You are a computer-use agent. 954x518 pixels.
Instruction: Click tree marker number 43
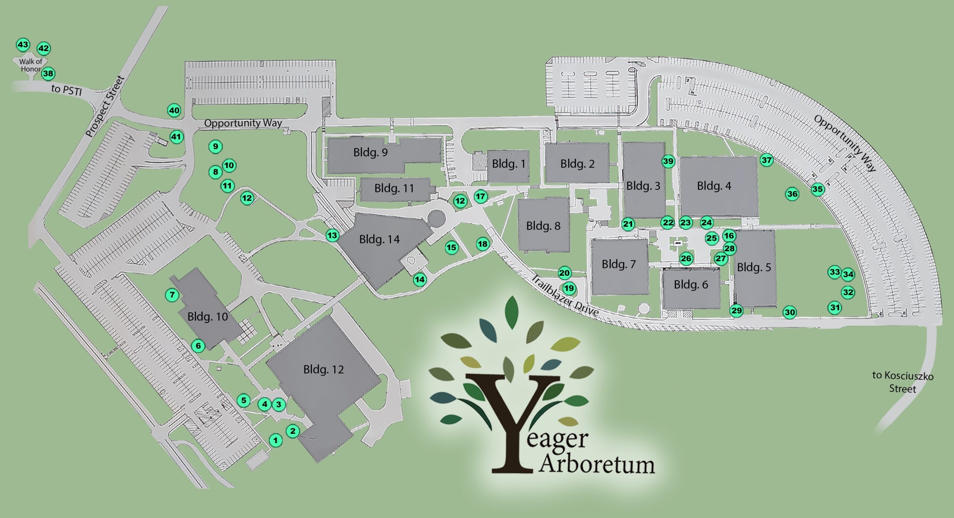pos(23,45)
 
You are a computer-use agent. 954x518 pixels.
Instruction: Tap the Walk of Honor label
pos(31,65)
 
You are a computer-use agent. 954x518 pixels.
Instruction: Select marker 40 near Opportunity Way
pos(174,110)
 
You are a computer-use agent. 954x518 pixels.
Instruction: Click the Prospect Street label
pos(105,106)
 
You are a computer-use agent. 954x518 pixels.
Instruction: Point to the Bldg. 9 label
pos(370,152)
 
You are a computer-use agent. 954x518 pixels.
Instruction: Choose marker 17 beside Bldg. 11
pos(480,196)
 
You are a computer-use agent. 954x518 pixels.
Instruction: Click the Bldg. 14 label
pos(379,239)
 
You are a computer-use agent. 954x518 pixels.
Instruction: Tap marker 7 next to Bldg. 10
pos(172,295)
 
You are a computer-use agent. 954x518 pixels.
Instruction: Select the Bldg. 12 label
pos(323,370)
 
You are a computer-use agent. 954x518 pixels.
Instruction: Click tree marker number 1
pos(275,440)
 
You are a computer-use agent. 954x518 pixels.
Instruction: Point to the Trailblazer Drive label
pos(564,296)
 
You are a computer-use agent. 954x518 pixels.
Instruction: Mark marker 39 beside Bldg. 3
pos(668,161)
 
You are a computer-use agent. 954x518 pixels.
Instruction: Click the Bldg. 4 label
pos(714,186)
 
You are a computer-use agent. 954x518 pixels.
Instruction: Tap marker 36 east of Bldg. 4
pos(792,194)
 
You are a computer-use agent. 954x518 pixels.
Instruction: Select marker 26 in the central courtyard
pos(686,259)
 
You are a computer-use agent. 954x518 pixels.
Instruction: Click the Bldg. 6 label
pos(691,285)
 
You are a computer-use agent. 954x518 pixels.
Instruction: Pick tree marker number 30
pos(790,312)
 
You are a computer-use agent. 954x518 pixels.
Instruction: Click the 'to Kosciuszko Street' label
pos(902,382)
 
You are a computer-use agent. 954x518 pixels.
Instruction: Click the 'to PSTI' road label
pos(66,90)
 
